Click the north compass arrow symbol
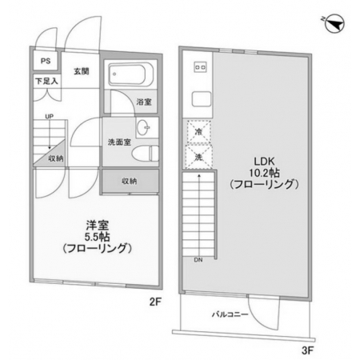click(x=335, y=24)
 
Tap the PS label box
click(x=46, y=61)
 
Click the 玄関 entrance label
click(x=82, y=71)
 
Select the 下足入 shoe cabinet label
click(x=46, y=81)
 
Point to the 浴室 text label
click(x=144, y=102)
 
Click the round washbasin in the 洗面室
click(x=143, y=127)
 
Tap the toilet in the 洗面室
click(x=146, y=154)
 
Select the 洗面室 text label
click(x=119, y=142)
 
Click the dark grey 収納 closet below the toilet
click(x=130, y=181)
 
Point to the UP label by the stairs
click(x=49, y=117)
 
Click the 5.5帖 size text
click(x=98, y=237)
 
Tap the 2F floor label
click(x=155, y=302)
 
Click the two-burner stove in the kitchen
click(x=200, y=67)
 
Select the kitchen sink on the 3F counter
click(x=202, y=98)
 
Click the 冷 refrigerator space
click(x=198, y=132)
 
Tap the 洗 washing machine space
click(x=198, y=157)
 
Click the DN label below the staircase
click(x=198, y=260)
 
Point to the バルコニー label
click(x=230, y=314)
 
